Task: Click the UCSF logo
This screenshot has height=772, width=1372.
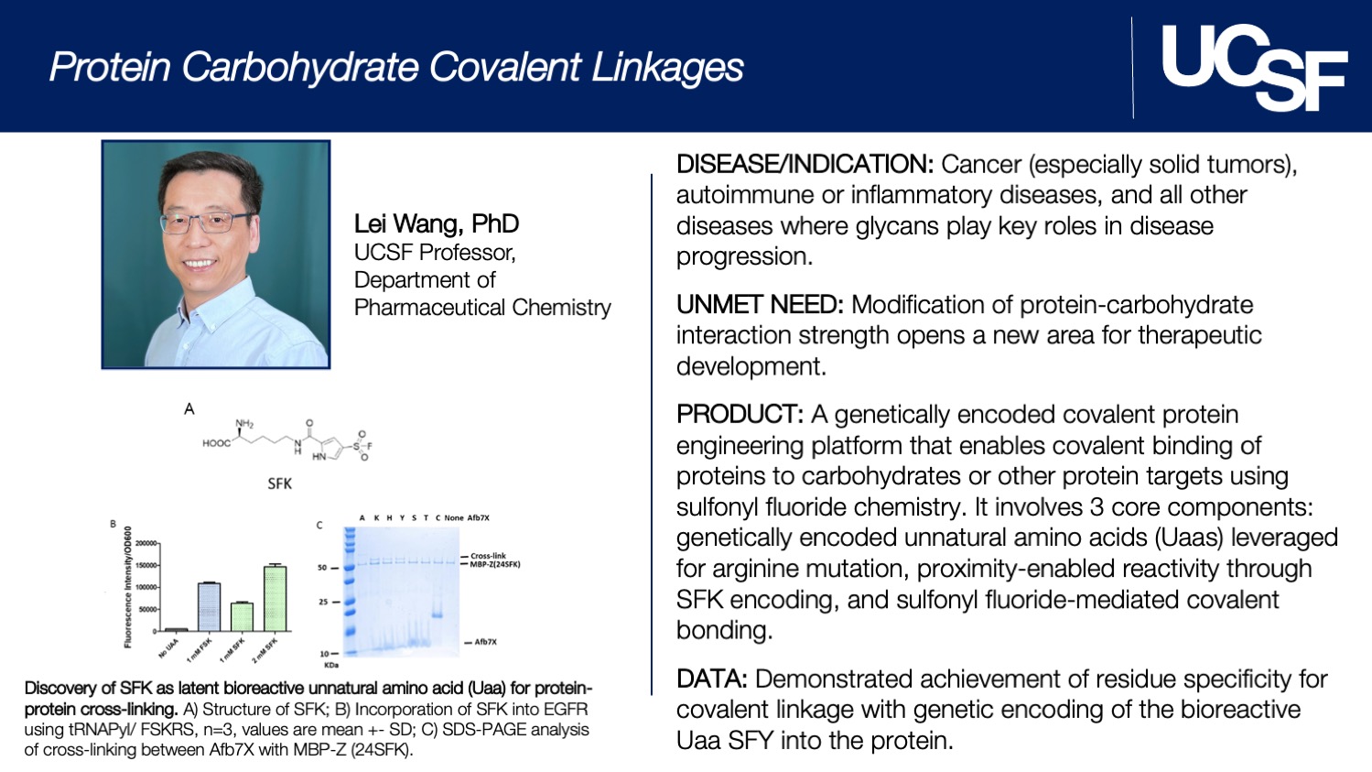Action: coord(1253,67)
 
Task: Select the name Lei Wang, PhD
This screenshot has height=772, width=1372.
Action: coord(437,223)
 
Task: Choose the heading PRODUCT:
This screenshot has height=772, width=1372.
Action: coord(740,415)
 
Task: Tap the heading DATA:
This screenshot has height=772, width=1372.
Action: coord(711,680)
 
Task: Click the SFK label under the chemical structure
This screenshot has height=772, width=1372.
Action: coord(279,483)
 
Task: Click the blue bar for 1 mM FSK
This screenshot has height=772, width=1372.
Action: coord(209,606)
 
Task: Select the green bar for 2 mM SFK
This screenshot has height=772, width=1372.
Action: coord(275,598)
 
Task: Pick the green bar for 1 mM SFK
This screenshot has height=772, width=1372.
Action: coord(242,616)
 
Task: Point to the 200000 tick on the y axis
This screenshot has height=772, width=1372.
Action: coord(146,543)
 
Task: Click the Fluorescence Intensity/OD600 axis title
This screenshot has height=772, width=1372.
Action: coord(128,587)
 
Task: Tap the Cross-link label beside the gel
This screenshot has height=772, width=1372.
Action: coord(488,556)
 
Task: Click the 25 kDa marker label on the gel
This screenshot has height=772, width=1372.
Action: coord(323,602)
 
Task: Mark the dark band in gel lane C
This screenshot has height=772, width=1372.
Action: coord(438,614)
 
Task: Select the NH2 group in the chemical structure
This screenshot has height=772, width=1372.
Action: coord(244,424)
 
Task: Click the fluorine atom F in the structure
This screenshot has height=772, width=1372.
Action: coord(369,446)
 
